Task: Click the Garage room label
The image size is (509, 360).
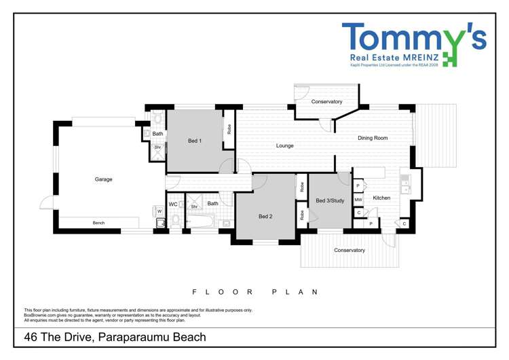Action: pyautogui.click(x=103, y=179)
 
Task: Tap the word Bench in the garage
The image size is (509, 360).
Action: pyautogui.click(x=98, y=223)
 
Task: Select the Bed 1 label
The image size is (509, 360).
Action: pyautogui.click(x=195, y=141)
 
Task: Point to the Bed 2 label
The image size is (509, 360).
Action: pyautogui.click(x=265, y=217)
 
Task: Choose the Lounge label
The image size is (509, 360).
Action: pyautogui.click(x=284, y=145)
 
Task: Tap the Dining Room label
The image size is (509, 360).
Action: pyautogui.click(x=373, y=138)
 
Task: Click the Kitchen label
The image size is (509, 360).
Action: pyautogui.click(x=381, y=198)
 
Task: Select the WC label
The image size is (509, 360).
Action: pyautogui.click(x=173, y=204)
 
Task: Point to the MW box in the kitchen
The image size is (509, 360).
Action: pyautogui.click(x=358, y=200)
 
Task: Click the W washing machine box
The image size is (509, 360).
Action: pyautogui.click(x=159, y=211)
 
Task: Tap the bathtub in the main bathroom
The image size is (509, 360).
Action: pyautogui.click(x=201, y=221)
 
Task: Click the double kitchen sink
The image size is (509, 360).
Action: pyautogui.click(x=405, y=184)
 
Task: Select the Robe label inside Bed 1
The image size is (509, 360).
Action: pyautogui.click(x=229, y=128)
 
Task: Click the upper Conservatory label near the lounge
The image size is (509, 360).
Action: pyautogui.click(x=326, y=102)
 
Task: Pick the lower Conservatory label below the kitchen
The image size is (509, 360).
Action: pyautogui.click(x=350, y=250)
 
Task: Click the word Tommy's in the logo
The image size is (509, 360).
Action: pyautogui.click(x=413, y=37)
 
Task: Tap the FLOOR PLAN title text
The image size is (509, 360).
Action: pyautogui.click(x=255, y=291)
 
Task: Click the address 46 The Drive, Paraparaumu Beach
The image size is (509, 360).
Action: pyautogui.click(x=115, y=337)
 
